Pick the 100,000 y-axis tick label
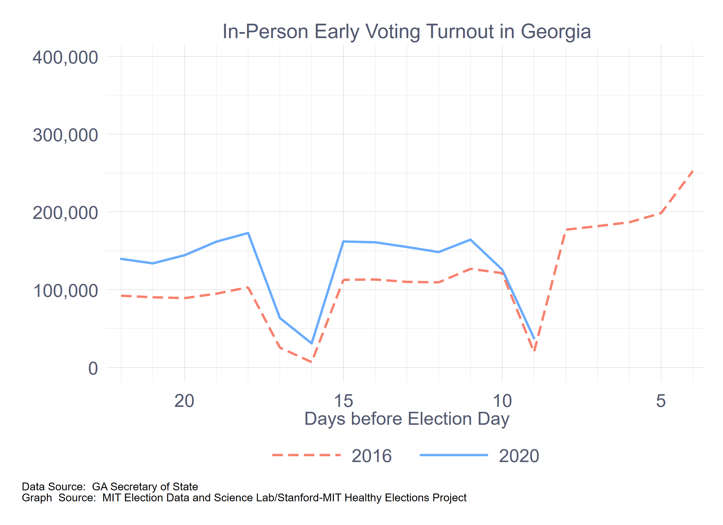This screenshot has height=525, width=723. click(x=65, y=291)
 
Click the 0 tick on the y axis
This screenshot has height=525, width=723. click(x=93, y=368)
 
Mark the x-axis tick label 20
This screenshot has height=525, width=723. click(x=184, y=401)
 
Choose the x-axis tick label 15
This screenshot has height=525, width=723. click(x=343, y=401)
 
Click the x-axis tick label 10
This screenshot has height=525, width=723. click(x=502, y=401)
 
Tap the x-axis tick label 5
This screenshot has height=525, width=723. click(x=661, y=401)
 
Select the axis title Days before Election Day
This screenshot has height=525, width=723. click(x=406, y=419)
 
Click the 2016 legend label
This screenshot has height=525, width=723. click(x=371, y=456)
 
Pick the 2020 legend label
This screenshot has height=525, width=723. click(x=519, y=456)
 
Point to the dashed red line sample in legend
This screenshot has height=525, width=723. click(x=306, y=455)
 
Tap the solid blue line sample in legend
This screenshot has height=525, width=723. click(x=454, y=455)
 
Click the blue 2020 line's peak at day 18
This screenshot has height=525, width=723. click(x=248, y=233)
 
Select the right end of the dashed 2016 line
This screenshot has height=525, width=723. click(x=692, y=171)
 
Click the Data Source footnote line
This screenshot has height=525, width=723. click(x=110, y=487)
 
